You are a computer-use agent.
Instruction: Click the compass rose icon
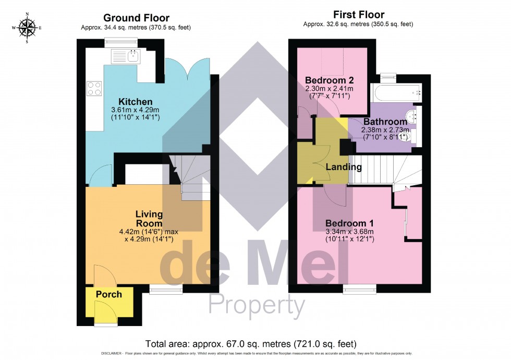[27, 28]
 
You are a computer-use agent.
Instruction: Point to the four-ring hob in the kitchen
[94, 88]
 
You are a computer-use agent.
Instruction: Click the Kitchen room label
[135, 101]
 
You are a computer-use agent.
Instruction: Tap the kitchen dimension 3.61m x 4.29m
[135, 110]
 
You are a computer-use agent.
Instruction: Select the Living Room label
[149, 219]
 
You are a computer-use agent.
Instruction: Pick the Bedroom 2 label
[330, 80]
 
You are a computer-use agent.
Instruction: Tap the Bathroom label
[385, 122]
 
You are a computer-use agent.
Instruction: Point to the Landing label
[344, 167]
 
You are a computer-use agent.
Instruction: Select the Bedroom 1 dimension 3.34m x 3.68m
[350, 232]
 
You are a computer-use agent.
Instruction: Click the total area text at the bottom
[251, 344]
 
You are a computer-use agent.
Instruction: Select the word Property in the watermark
[256, 304]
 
